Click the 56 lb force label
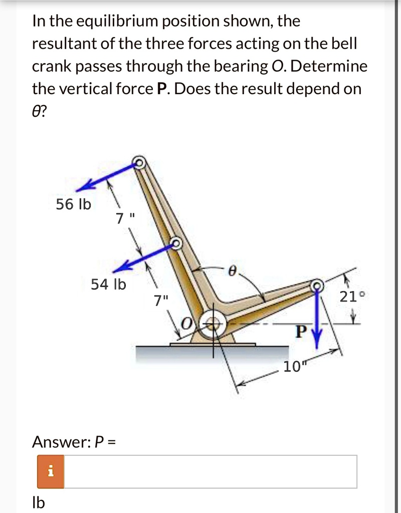pos(73,204)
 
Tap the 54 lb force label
pos(108,285)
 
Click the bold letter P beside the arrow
pos(300,332)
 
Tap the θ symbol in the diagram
pos(232,271)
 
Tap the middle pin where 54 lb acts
pos(176,243)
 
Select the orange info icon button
pos(50,471)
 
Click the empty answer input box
pos(211,471)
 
